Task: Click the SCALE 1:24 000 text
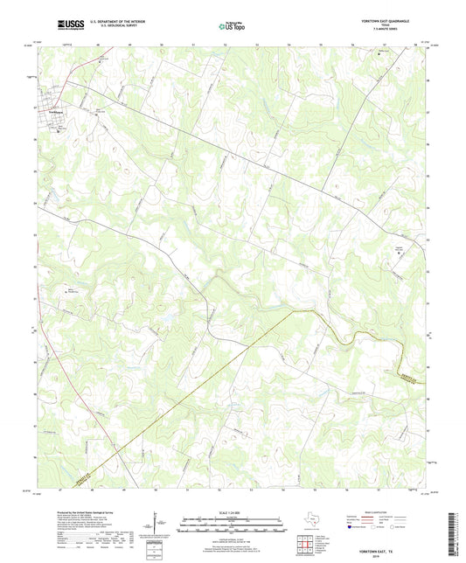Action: click(x=233, y=513)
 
